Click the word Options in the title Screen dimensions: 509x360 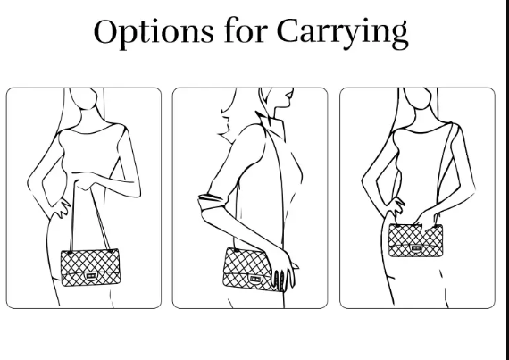tap(154, 32)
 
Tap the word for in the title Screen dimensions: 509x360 tap(246, 30)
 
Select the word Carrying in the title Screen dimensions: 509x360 tap(343, 32)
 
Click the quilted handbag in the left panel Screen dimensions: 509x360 tap(90, 267)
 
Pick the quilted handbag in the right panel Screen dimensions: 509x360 tap(415, 240)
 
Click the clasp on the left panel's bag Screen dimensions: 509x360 tap(90, 276)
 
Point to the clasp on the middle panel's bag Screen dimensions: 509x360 tap(255, 279)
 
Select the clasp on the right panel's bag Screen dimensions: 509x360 tap(415, 248)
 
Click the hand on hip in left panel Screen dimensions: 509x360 tap(61, 208)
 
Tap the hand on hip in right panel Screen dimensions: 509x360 tap(396, 206)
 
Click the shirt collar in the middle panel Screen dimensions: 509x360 tap(271, 125)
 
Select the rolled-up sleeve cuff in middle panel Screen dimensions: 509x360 tap(211, 201)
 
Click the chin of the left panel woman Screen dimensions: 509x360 tap(85, 108)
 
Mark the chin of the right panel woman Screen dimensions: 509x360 tap(420, 108)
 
